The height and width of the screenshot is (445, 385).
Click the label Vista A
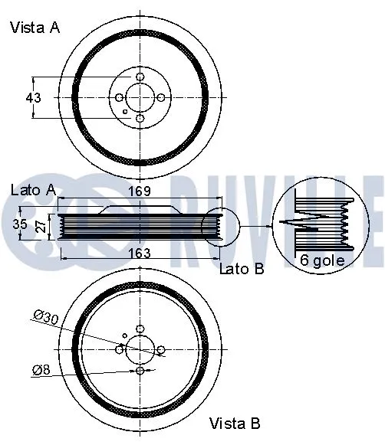pyautogui.click(x=35, y=28)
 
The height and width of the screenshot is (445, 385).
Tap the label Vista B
pyautogui.click(x=235, y=423)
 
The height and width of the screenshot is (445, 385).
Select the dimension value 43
pyautogui.click(x=33, y=97)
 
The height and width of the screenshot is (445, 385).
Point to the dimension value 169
pyautogui.click(x=138, y=191)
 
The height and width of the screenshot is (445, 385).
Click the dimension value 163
pyautogui.click(x=138, y=252)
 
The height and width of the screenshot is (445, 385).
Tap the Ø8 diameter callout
pyautogui.click(x=42, y=371)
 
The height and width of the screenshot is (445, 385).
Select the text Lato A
pyautogui.click(x=33, y=189)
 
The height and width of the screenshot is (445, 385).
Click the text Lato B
pyautogui.click(x=242, y=269)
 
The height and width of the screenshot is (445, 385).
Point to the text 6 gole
pyautogui.click(x=323, y=260)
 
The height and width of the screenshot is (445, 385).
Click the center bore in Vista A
pyautogui.click(x=140, y=98)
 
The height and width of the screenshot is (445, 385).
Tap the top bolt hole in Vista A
pyautogui.click(x=140, y=77)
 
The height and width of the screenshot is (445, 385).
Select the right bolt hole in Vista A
pyautogui.click(x=160, y=98)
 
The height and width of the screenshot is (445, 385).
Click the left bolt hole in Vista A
pyautogui.click(x=119, y=98)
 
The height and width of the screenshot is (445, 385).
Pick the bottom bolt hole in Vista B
pyautogui.click(x=140, y=371)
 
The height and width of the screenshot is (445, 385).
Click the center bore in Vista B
pyautogui.click(x=140, y=349)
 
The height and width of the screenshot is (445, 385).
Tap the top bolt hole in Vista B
pyautogui.click(x=140, y=329)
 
